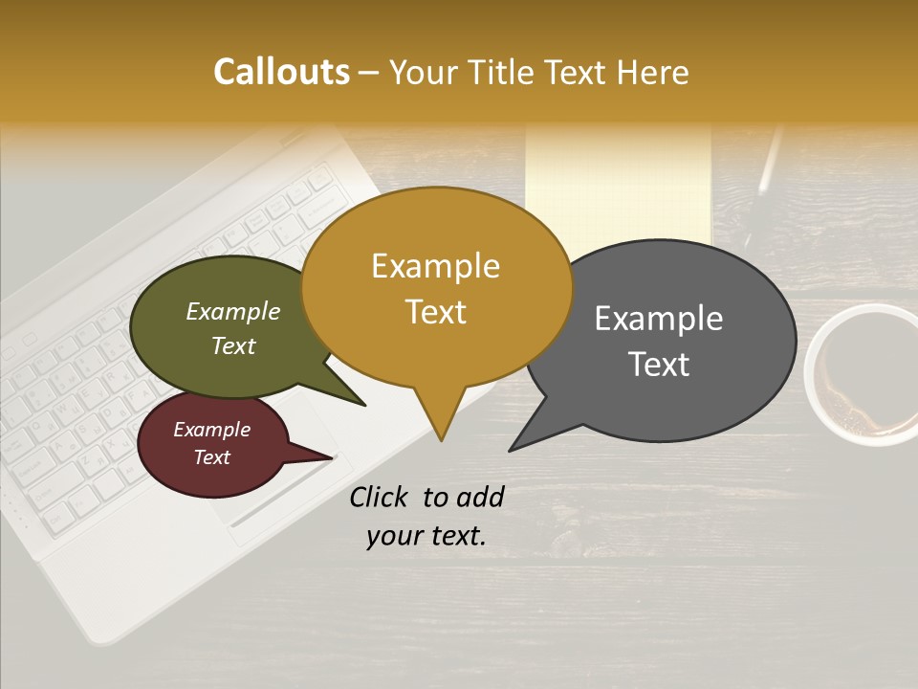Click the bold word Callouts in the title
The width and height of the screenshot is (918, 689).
[x=281, y=72]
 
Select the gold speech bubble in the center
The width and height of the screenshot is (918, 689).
[x=436, y=288]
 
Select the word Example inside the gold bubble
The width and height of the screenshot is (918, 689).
[x=435, y=266]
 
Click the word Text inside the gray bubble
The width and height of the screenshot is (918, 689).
[x=659, y=365]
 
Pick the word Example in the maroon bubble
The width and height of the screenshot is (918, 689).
[x=211, y=430]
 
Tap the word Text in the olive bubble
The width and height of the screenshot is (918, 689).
[x=233, y=346]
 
